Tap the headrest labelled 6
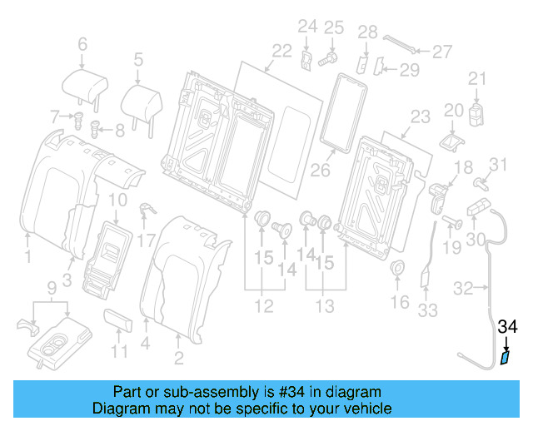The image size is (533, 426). pyautogui.click(x=84, y=84)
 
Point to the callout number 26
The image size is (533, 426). pyautogui.click(x=321, y=171)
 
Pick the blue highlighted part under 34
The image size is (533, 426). pyautogui.click(x=506, y=359)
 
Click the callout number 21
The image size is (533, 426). pyautogui.click(x=476, y=79)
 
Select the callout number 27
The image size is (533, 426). pyautogui.click(x=441, y=52)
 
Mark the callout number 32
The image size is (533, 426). pyautogui.click(x=463, y=289)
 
